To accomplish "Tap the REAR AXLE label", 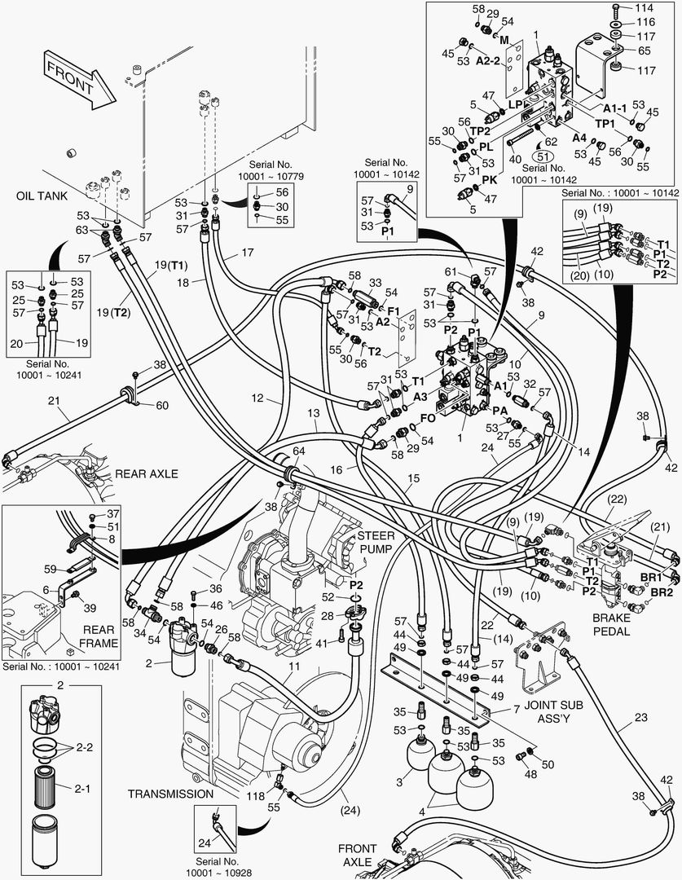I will coord(146,473).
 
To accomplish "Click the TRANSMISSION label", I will coord(170,793).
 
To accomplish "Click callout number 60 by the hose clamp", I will coord(161,406).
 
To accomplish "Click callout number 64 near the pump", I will coord(299,451).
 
